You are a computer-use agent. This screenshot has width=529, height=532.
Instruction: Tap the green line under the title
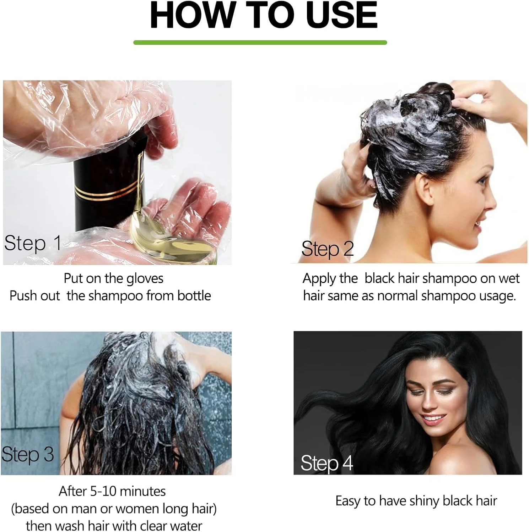pyautogui.click(x=260, y=43)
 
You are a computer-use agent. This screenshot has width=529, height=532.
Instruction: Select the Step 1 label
pyautogui.click(x=33, y=243)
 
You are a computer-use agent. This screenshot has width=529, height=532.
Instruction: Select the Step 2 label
pyautogui.click(x=328, y=249)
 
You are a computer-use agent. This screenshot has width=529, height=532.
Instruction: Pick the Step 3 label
pyautogui.click(x=28, y=454)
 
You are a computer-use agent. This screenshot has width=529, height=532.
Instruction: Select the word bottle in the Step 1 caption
pyautogui.click(x=194, y=295)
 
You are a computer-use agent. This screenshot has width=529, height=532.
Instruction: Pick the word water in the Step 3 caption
pyautogui.click(x=185, y=525)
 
